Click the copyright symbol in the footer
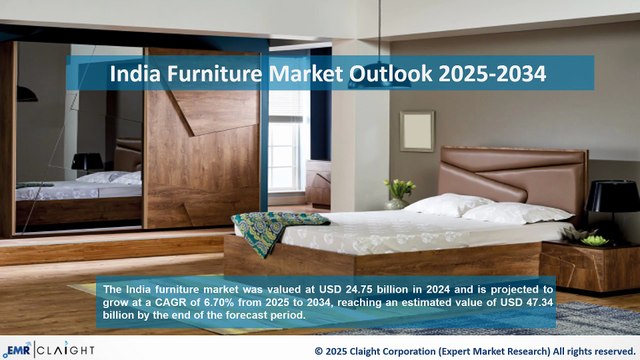point(319,351)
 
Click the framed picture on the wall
point(416,131)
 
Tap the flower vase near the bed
point(399,193)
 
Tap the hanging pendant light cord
point(381,20)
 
